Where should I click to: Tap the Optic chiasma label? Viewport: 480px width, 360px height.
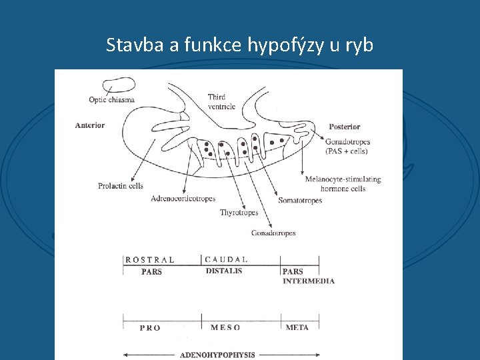112,100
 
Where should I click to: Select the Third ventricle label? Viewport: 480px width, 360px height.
221,101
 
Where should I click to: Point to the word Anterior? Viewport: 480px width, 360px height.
90,125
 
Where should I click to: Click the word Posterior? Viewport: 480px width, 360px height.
345,127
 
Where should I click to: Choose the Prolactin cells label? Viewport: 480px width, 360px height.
121,186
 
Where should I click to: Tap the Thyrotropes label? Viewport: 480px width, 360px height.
239,213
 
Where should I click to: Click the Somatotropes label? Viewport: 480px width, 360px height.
300,200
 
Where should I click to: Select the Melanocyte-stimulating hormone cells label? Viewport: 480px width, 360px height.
343,183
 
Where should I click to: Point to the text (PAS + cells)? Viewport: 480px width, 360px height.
347,151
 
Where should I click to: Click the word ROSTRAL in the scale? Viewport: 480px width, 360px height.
150,260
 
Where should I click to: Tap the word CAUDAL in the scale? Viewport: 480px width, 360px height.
227,259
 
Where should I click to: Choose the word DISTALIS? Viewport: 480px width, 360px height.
224,271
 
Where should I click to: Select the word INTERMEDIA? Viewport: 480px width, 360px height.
309,281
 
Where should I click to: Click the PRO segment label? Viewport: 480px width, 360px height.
150,328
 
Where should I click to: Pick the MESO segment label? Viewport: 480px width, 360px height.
225,327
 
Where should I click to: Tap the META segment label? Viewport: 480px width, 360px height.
297,327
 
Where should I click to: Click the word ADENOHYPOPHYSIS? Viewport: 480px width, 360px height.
217,355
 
